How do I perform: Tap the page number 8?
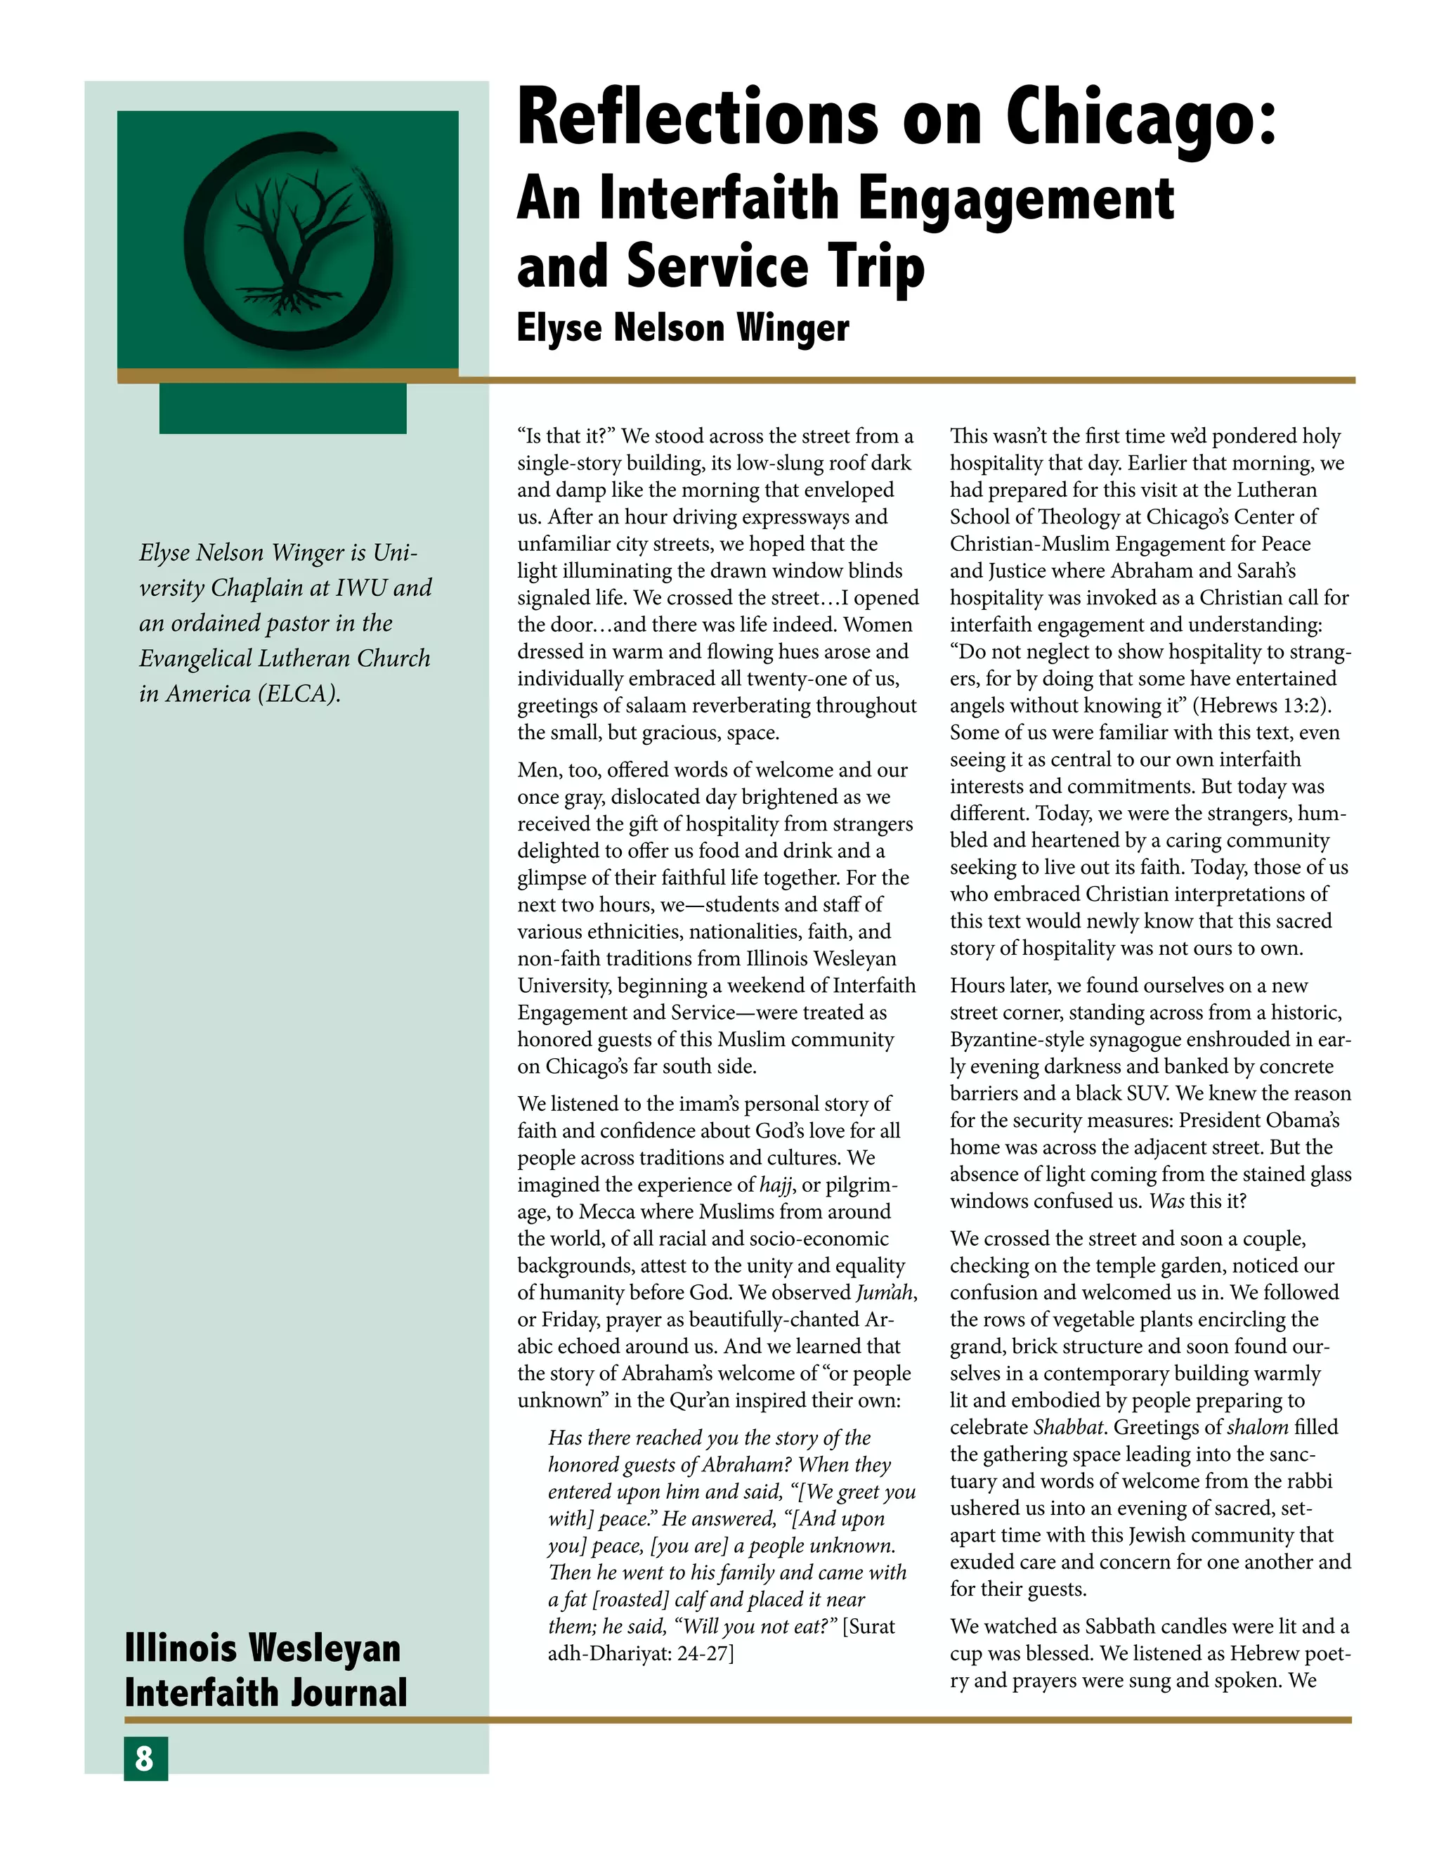(145, 1759)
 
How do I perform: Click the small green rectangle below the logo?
(282, 408)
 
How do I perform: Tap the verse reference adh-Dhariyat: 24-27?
(639, 1653)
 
